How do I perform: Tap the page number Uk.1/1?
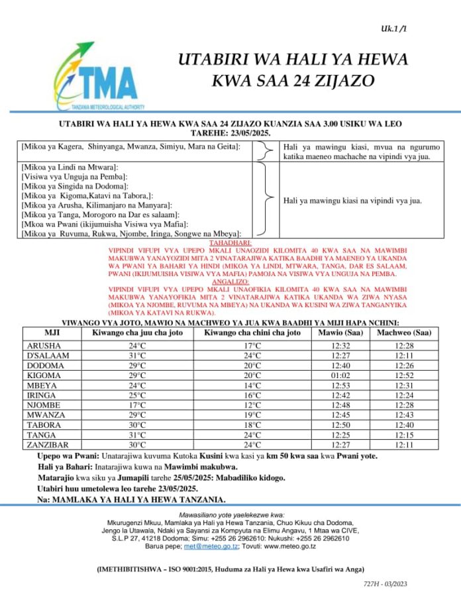[395, 28]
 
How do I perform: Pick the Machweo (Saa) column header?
[404, 332]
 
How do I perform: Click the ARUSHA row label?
[44, 346]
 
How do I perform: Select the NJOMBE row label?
[44, 405]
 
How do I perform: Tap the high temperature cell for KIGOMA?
[137, 375]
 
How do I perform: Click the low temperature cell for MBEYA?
[252, 385]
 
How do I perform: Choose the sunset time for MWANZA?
[404, 415]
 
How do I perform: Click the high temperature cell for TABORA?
[137, 425]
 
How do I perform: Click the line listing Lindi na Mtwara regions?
[70, 168]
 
